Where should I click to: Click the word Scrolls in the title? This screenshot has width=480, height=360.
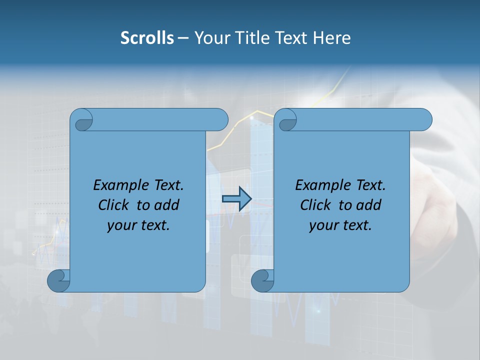point(147,38)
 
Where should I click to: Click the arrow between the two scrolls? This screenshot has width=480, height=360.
point(236,199)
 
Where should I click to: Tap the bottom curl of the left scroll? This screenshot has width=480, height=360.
point(58,280)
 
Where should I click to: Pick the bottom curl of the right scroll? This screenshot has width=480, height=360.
point(262,280)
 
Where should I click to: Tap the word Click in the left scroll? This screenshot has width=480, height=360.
point(113,205)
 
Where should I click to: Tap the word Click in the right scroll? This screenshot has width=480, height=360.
point(315,205)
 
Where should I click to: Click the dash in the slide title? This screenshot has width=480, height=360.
point(183,38)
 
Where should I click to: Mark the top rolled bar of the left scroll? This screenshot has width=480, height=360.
point(160,119)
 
